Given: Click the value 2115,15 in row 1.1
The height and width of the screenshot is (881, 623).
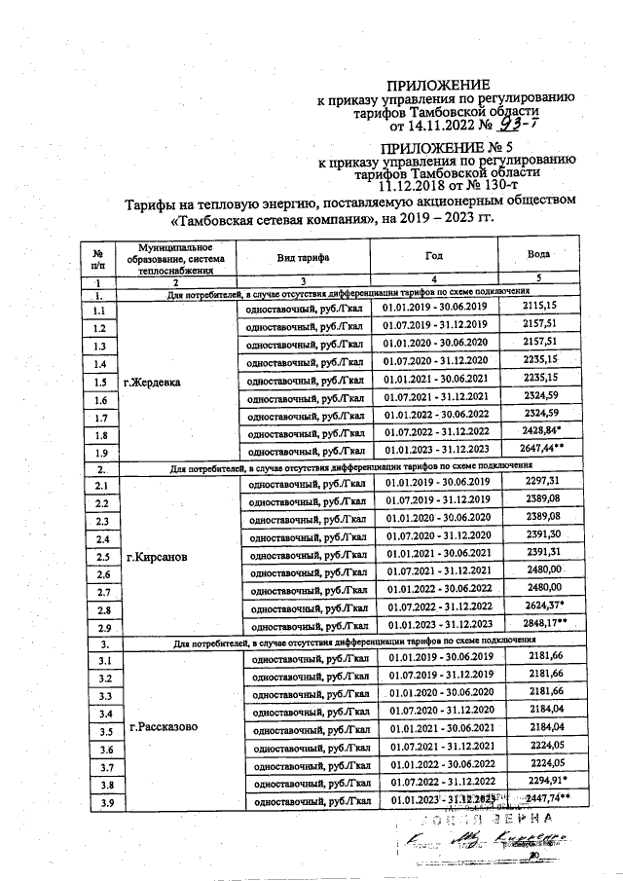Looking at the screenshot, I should coord(538,307).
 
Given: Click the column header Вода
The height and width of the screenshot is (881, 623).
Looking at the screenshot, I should coord(538,253).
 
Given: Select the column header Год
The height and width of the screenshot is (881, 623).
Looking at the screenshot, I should coord(434,255).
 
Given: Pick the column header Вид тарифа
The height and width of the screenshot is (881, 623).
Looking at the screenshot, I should coord(301,257).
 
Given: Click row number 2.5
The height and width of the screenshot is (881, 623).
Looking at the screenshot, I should coord(101,559).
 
